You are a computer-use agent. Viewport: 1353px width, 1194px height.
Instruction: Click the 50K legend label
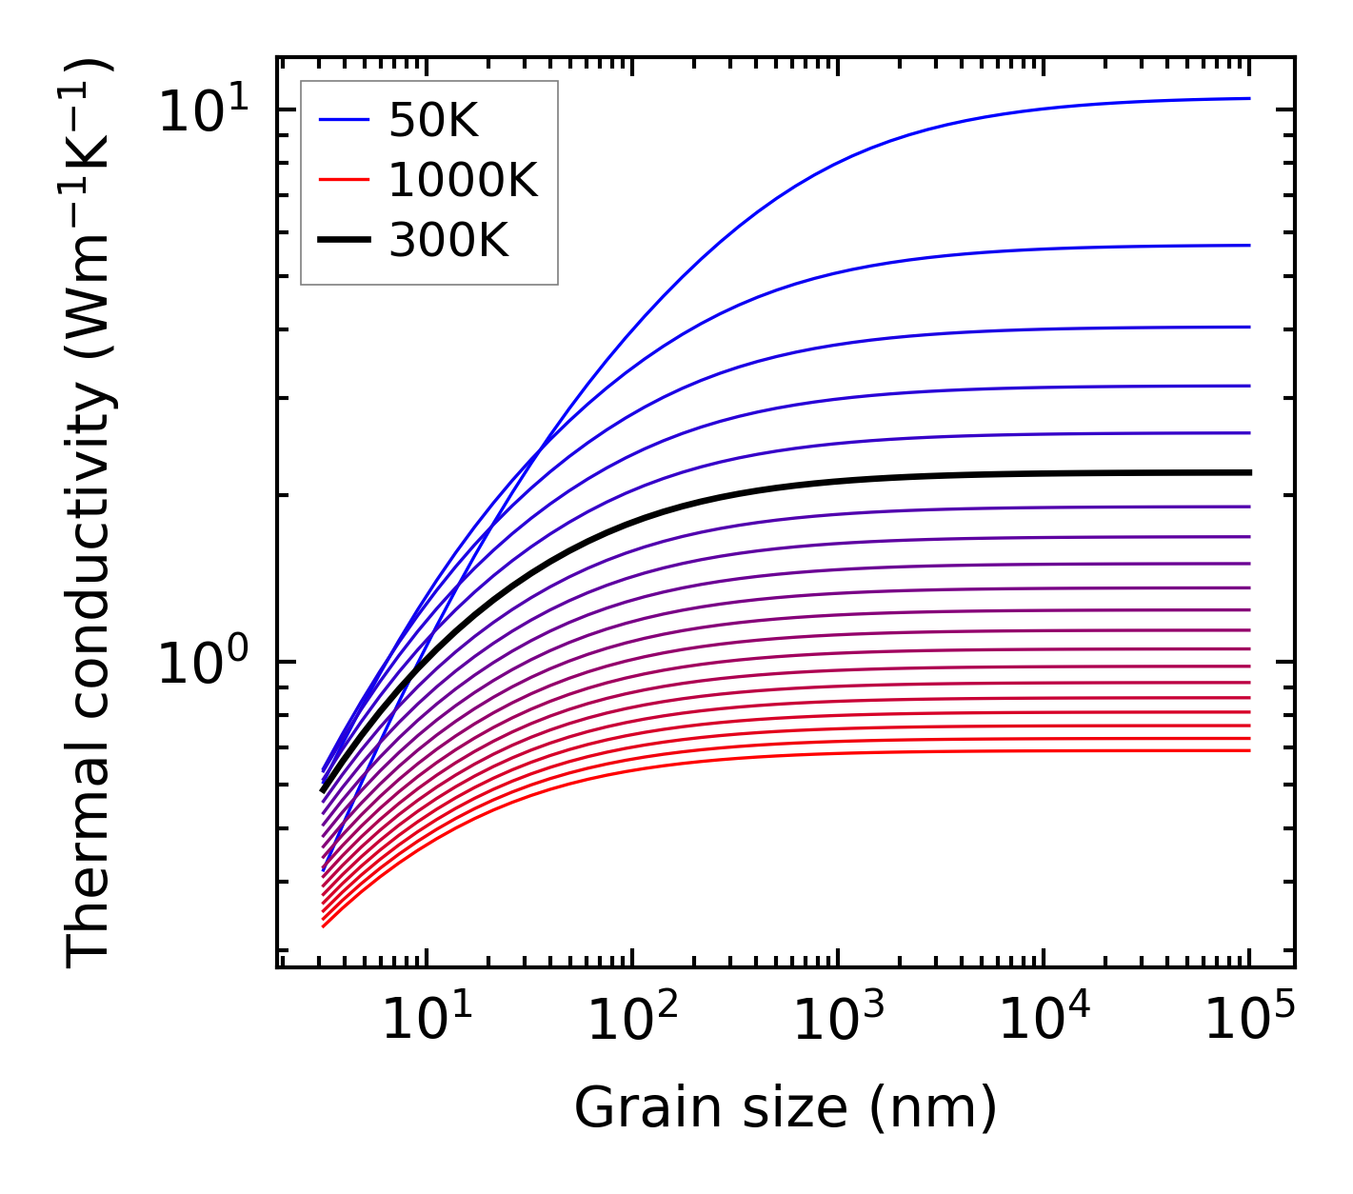coord(433,121)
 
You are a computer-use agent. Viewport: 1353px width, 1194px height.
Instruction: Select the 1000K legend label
coord(463,180)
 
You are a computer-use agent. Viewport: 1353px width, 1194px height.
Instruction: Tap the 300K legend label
coord(448,241)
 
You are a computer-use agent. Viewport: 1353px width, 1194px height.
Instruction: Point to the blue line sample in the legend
coord(343,120)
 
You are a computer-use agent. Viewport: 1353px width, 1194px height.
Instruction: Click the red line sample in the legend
coord(343,180)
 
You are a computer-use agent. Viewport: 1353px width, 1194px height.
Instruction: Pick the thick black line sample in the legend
coord(343,241)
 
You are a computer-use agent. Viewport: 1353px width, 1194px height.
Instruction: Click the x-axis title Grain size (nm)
coord(786,1107)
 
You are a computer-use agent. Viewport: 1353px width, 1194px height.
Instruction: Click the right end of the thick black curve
coord(1249,472)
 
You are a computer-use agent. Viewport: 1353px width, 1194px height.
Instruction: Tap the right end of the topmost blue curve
coord(1249,98)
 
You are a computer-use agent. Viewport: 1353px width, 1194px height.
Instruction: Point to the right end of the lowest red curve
coord(1249,751)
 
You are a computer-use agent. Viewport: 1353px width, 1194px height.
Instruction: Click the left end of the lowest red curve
coord(324,925)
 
